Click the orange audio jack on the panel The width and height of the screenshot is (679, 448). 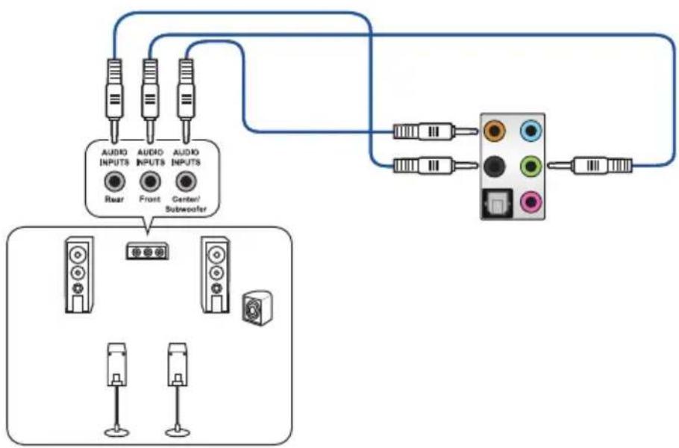pyautogui.click(x=494, y=130)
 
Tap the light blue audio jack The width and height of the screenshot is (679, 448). pyautogui.click(x=531, y=130)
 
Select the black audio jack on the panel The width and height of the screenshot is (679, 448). pyautogui.click(x=494, y=166)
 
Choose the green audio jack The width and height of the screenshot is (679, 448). pyautogui.click(x=531, y=166)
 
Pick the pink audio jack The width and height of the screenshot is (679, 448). pyautogui.click(x=531, y=202)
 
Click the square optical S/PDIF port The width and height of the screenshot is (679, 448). pyautogui.click(x=497, y=204)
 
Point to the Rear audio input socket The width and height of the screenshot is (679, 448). pyautogui.click(x=114, y=181)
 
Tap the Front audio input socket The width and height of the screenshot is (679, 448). pyautogui.click(x=150, y=181)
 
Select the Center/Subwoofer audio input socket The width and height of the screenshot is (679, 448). pyautogui.click(x=186, y=181)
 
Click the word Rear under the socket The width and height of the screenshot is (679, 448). pyautogui.click(x=114, y=199)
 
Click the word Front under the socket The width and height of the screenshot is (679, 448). pyautogui.click(x=150, y=199)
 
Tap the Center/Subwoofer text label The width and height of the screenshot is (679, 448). pyautogui.click(x=186, y=204)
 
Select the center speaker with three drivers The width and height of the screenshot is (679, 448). pyautogui.click(x=148, y=252)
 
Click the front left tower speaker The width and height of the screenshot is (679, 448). pyautogui.click(x=79, y=274)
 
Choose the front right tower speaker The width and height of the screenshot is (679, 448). pyautogui.click(x=216, y=274)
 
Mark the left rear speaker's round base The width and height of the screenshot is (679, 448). pyautogui.click(x=117, y=432)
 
